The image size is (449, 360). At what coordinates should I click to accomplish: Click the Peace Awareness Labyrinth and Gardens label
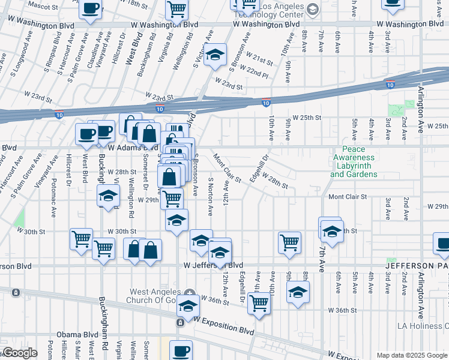coord(354,162)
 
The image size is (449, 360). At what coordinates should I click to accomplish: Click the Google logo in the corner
coord(19,353)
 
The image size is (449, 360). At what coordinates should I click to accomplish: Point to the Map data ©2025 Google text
coord(411,355)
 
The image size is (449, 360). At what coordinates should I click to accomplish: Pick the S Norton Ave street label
coord(210,196)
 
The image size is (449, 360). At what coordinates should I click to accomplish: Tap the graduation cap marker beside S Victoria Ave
coord(215,56)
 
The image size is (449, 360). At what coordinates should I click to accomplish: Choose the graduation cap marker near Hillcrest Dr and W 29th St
coord(109,196)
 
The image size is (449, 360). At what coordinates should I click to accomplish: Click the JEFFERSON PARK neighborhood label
coord(417,265)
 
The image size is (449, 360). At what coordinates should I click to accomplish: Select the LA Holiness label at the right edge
coord(423,326)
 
